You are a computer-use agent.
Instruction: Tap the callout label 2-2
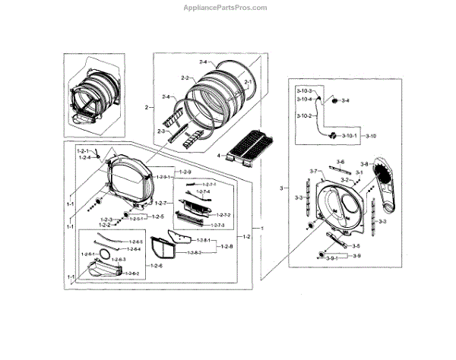185,78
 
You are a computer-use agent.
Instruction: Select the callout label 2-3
161,131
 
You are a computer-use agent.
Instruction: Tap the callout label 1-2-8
226,246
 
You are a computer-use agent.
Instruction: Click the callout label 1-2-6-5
135,241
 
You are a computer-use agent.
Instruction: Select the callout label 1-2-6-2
131,273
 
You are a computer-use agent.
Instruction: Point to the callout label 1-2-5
157,216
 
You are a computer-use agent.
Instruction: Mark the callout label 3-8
364,164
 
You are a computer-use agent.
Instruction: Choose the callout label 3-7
312,172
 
